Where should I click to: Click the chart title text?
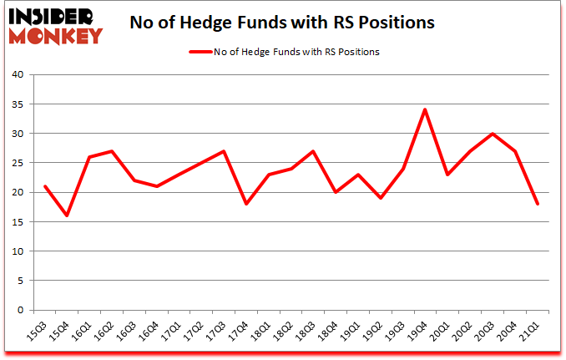pyautogui.click(x=282, y=23)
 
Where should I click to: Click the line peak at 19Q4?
pyautogui.click(x=426, y=109)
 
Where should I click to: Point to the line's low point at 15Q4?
pyautogui.click(x=67, y=215)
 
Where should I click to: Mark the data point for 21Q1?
pyautogui.click(x=538, y=204)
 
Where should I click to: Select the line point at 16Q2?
pyautogui.click(x=112, y=151)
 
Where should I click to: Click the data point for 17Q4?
pyautogui.click(x=246, y=204)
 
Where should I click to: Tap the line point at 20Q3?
pyautogui.click(x=493, y=134)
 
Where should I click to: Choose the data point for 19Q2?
pyautogui.click(x=381, y=198)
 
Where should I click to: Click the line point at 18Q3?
pyautogui.click(x=313, y=151)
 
